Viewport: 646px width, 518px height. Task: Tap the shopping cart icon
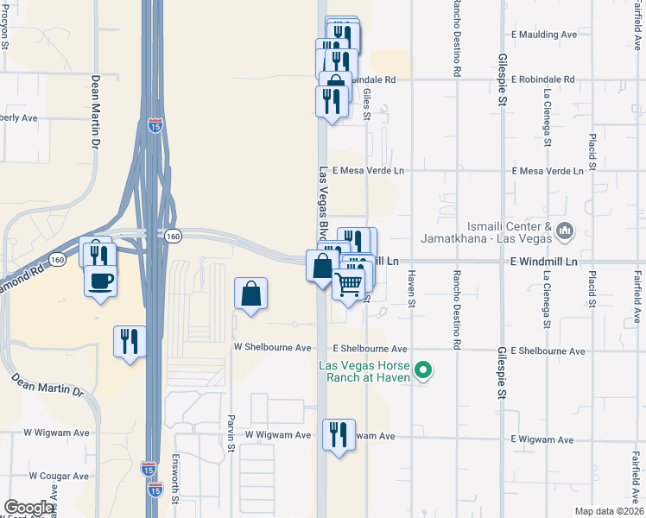[x=349, y=283]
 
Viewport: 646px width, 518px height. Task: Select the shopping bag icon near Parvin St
[x=250, y=294]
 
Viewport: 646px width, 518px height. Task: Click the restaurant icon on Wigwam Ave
[x=338, y=433]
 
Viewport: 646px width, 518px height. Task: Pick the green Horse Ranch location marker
[x=423, y=372]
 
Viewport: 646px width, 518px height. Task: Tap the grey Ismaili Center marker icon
[x=567, y=231]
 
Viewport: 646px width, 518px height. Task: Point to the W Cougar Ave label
[x=59, y=476]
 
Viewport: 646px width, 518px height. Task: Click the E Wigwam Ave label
[x=541, y=440]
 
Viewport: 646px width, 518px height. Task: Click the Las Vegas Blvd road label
[x=324, y=204]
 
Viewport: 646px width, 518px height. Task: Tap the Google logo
[x=29, y=508]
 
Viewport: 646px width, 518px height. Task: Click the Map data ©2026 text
[x=609, y=511]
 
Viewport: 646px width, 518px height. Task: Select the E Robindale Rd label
[x=542, y=79]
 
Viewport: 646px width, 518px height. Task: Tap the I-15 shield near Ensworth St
[x=155, y=490]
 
